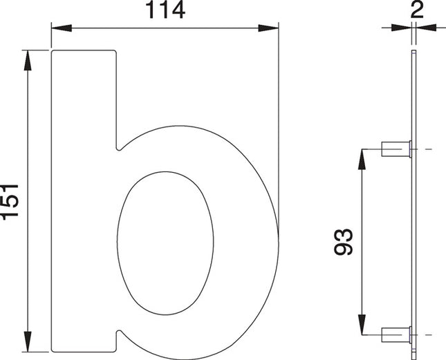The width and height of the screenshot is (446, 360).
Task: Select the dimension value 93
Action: tap(345, 241)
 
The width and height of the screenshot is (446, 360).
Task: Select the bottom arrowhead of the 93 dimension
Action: tap(361, 325)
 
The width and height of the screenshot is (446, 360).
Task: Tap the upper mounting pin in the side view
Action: tap(396, 149)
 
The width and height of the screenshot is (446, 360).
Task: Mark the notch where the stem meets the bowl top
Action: tap(118, 147)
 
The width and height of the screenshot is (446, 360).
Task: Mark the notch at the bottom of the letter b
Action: tap(118, 335)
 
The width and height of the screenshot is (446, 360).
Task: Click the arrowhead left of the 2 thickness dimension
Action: tap(400, 28)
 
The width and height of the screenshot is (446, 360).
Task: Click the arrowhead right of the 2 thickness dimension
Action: tap(425, 28)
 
